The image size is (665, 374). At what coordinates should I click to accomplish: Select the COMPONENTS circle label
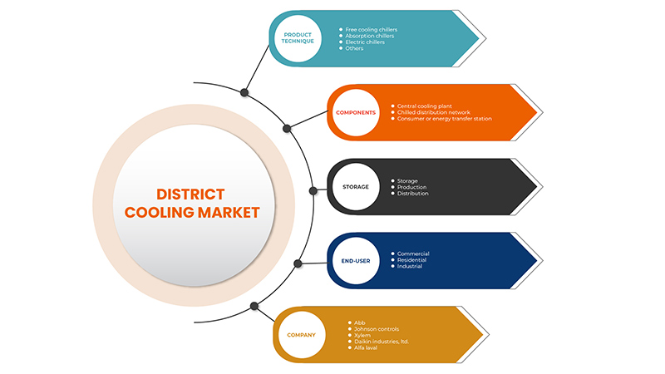[x=356, y=112]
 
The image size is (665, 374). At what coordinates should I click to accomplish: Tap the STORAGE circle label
[x=356, y=187]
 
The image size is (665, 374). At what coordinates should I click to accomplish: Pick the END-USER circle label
[x=356, y=260]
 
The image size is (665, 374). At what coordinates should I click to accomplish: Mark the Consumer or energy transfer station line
[x=444, y=119]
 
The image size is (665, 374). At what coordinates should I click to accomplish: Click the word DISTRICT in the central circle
[x=192, y=194]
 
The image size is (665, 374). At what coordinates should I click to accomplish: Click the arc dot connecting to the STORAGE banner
[x=313, y=190]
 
